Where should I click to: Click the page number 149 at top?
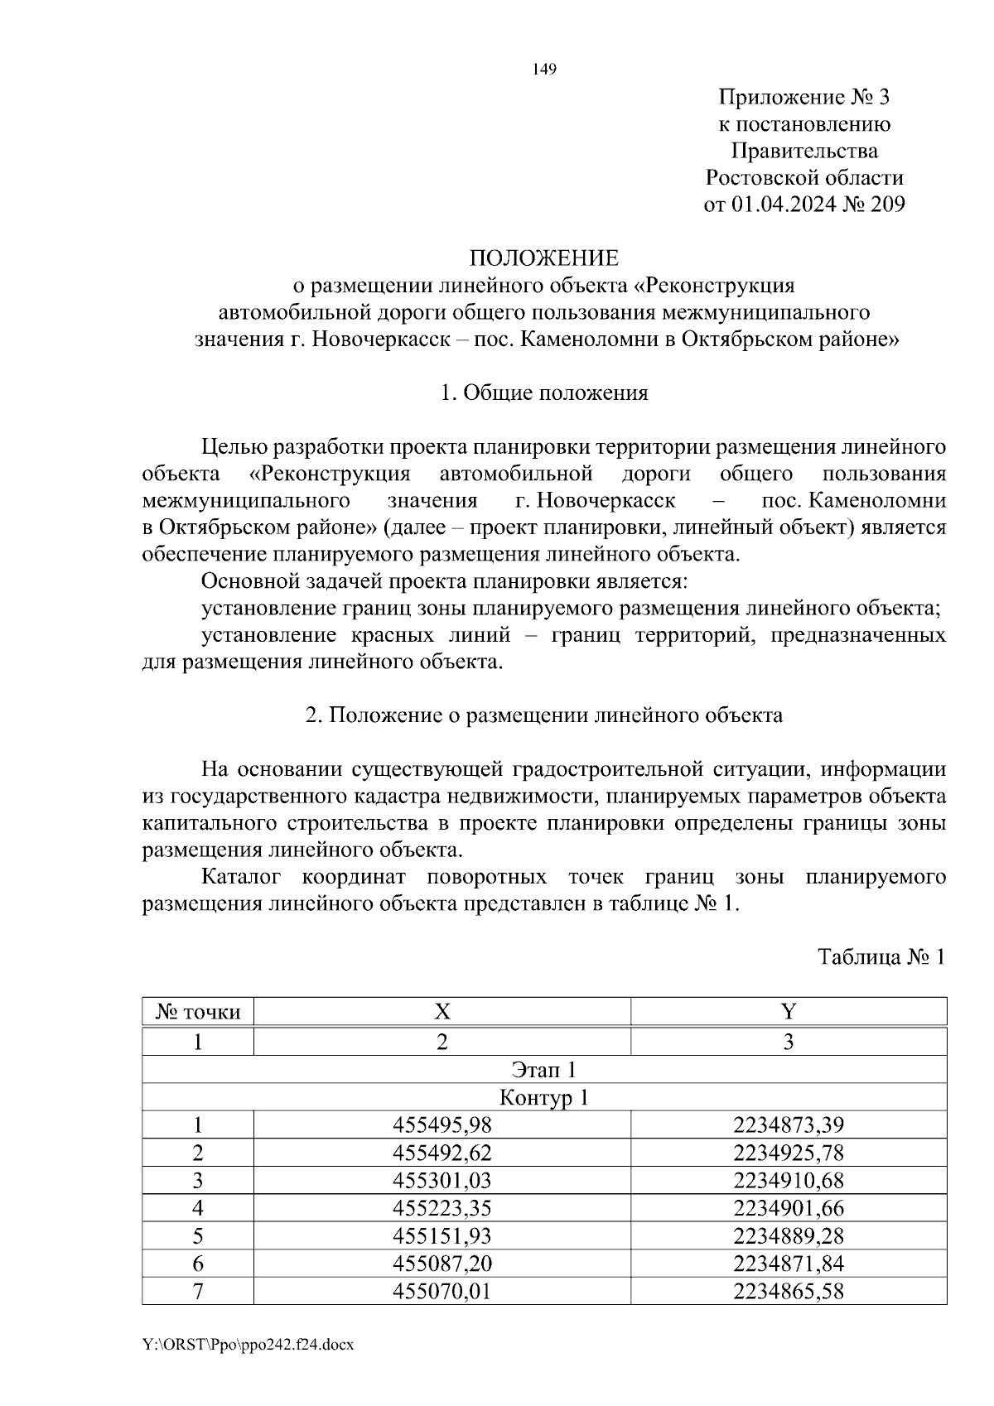tap(544, 70)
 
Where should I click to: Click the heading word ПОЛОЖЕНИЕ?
tap(544, 259)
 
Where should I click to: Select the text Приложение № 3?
tap(803, 99)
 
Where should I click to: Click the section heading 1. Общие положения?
tap(544, 392)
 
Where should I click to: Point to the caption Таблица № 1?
tap(881, 958)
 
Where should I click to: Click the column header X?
tap(442, 1012)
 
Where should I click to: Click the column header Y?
tap(788, 1012)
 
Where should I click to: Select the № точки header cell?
tap(198, 1012)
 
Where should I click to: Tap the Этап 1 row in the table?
tap(544, 1070)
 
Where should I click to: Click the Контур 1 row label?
tap(544, 1098)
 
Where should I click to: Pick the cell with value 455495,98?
tap(442, 1125)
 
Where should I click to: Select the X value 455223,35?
tap(442, 1209)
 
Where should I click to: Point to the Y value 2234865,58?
tap(788, 1292)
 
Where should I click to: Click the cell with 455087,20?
tap(442, 1264)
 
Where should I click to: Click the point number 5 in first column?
tap(198, 1236)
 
